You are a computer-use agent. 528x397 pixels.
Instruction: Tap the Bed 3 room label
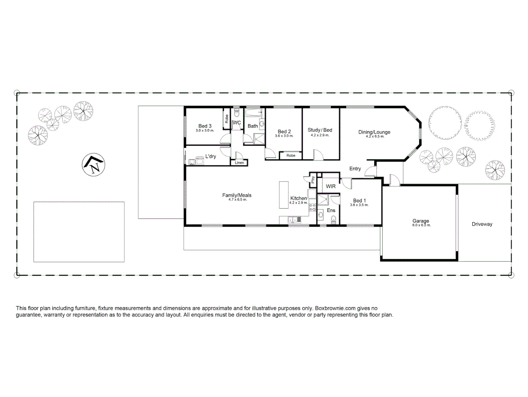[x=205, y=126]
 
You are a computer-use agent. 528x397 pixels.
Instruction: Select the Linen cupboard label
[x=239, y=163]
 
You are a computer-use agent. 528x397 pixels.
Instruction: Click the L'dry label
[x=211, y=156]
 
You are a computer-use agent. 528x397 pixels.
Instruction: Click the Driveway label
[x=482, y=224]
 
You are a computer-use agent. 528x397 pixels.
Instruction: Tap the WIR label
[x=331, y=186]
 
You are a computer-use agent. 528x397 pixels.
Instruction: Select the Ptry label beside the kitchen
[x=313, y=180]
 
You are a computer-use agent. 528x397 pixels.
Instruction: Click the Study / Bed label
[x=320, y=130]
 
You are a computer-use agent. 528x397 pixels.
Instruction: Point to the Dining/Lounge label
[x=374, y=132]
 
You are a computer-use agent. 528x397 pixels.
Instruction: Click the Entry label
[x=355, y=169]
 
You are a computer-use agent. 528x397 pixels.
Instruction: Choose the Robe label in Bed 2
[x=291, y=155]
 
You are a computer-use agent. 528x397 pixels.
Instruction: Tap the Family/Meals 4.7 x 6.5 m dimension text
[x=237, y=200]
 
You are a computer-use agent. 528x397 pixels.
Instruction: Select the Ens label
[x=331, y=211]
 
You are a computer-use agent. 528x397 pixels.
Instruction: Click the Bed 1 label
[x=359, y=201]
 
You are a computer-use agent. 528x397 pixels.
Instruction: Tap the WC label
[x=237, y=123]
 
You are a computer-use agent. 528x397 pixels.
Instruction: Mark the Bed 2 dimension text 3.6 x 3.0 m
[x=284, y=136]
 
